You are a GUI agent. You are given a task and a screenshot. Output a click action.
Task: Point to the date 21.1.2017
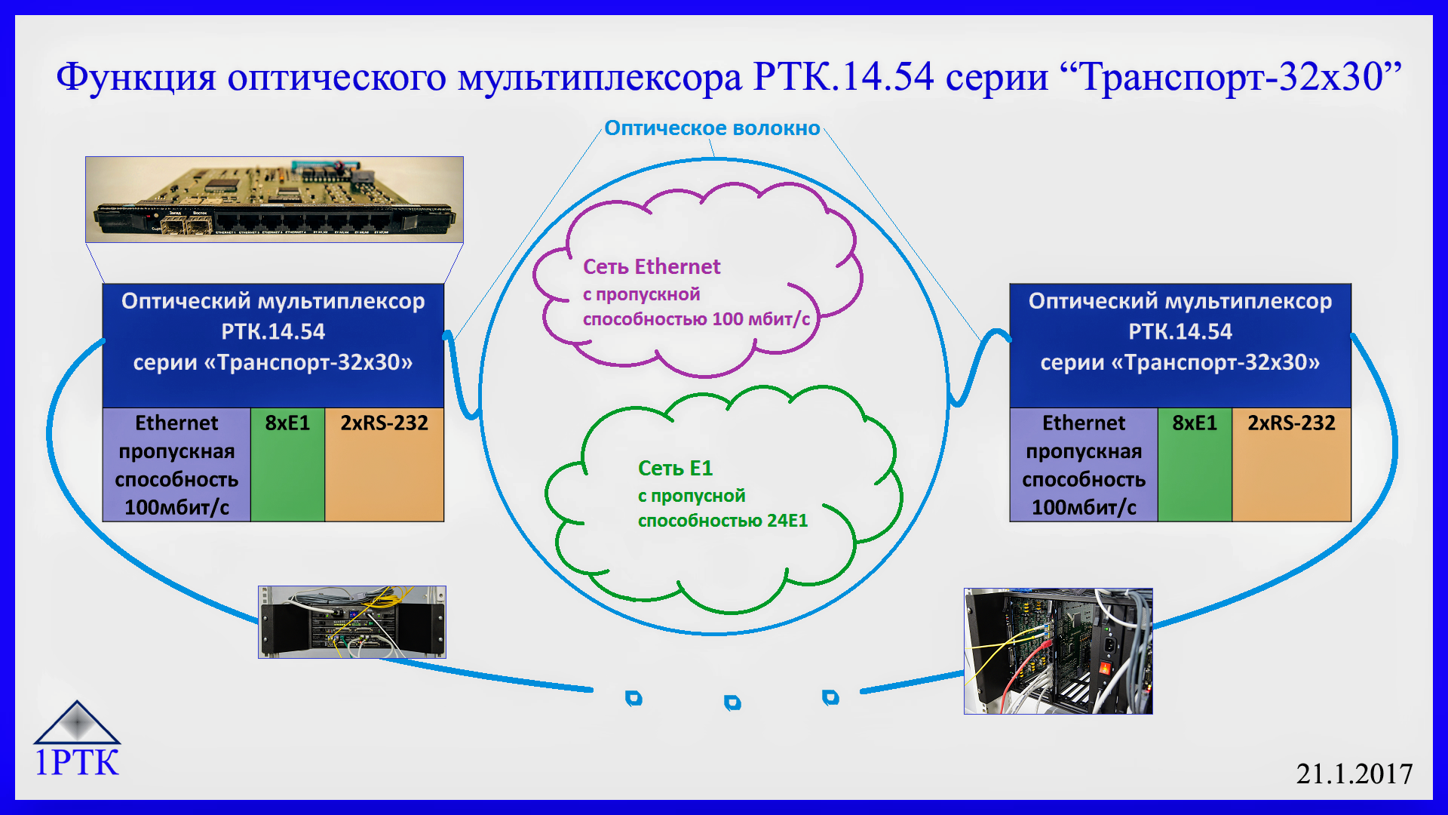pyautogui.click(x=1354, y=773)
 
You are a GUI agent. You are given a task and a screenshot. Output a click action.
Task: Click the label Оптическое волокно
pyautogui.click(x=712, y=128)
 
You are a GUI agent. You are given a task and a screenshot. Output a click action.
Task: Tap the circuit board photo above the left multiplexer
pyautogui.click(x=275, y=199)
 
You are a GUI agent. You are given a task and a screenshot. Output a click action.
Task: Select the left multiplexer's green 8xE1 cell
pyautogui.click(x=287, y=465)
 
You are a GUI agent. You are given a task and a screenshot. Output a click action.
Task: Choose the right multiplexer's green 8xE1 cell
pyautogui.click(x=1195, y=465)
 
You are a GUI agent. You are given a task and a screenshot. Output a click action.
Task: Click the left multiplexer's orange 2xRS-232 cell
pyautogui.click(x=384, y=465)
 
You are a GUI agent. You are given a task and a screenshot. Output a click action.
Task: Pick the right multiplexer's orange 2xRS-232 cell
pyautogui.click(x=1291, y=465)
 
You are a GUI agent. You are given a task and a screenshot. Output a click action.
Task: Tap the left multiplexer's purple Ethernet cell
pyautogui.click(x=176, y=465)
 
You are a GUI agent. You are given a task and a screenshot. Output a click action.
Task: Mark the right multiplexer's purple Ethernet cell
pyautogui.click(x=1084, y=465)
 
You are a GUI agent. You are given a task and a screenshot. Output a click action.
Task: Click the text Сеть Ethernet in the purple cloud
pyautogui.click(x=652, y=266)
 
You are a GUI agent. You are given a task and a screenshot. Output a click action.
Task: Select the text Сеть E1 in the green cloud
pyautogui.click(x=675, y=468)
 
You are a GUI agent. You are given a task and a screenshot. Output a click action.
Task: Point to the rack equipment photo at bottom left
pyautogui.click(x=352, y=622)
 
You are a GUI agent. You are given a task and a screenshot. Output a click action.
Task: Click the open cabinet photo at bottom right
pyautogui.click(x=1058, y=651)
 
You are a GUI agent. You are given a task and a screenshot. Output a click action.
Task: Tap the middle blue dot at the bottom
pyautogui.click(x=732, y=703)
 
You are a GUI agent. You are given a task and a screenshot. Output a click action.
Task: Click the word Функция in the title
pyautogui.click(x=136, y=77)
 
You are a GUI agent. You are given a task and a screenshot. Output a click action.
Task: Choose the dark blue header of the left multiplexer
pyautogui.click(x=273, y=346)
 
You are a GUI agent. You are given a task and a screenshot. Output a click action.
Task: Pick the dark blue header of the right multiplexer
pyautogui.click(x=1180, y=346)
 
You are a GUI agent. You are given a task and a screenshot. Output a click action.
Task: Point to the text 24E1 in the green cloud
pyautogui.click(x=787, y=521)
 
